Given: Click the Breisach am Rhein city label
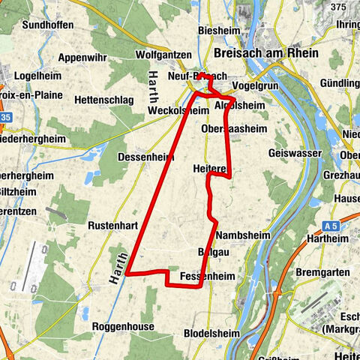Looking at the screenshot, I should [x=266, y=54].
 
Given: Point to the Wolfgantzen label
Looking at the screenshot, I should [x=163, y=55].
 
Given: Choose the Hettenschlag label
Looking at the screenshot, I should [x=103, y=99].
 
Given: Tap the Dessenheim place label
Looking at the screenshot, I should [x=146, y=157].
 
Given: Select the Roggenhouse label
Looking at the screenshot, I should [x=123, y=327].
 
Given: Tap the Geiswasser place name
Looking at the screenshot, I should [x=295, y=153].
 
